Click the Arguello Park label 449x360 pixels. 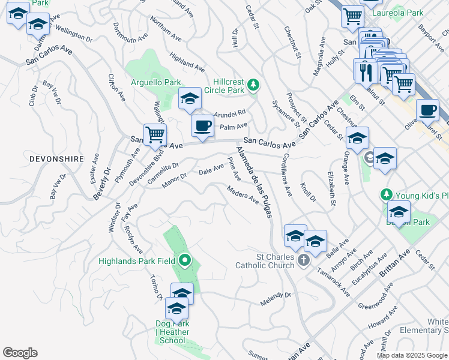pyautogui.click(x=156, y=82)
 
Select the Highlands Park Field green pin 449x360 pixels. pyautogui.click(x=185, y=261)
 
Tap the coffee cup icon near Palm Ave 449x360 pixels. pyautogui.click(x=202, y=126)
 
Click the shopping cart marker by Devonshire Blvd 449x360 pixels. pyautogui.click(x=155, y=135)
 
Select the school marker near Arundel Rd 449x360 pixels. pyautogui.click(x=190, y=99)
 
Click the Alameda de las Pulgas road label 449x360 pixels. pyautogui.click(x=255, y=181)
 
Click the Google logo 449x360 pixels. pyautogui.click(x=20, y=353)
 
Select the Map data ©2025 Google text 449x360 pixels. pyautogui.click(x=412, y=355)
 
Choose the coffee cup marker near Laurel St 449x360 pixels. pyautogui.click(x=427, y=110)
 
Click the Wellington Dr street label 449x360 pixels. pyautogui.click(x=74, y=34)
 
